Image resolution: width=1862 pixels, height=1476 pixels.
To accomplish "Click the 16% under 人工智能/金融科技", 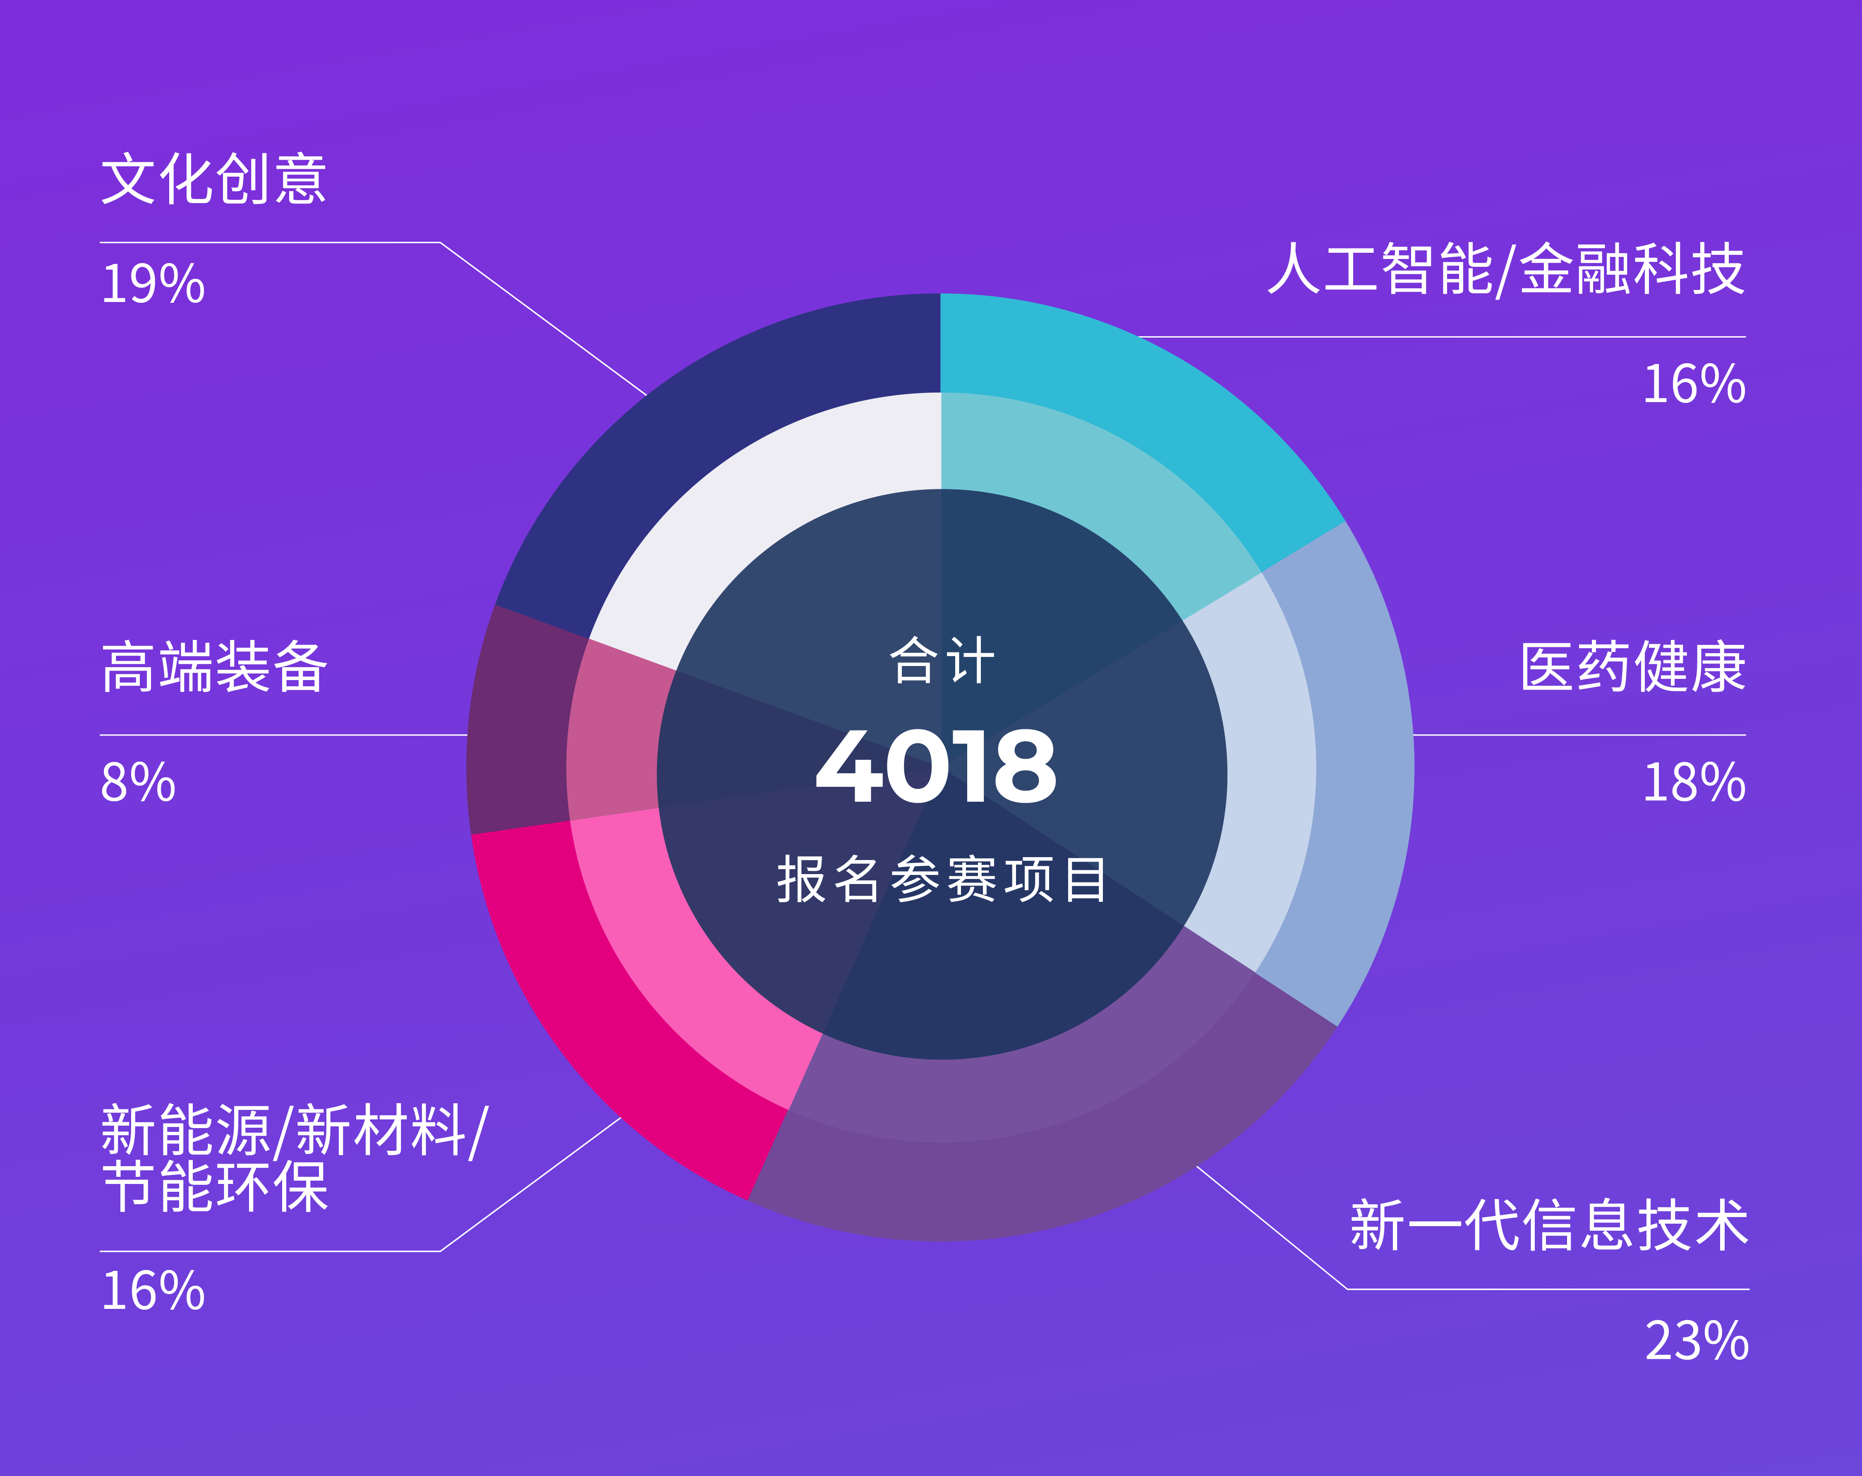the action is [x=1694, y=384].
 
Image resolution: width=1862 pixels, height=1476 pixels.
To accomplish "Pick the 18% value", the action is [x=1694, y=783].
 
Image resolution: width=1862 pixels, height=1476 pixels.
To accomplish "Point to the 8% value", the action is [x=138, y=783].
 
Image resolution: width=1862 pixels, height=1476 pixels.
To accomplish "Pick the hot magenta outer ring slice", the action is [x=604, y=1019].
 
